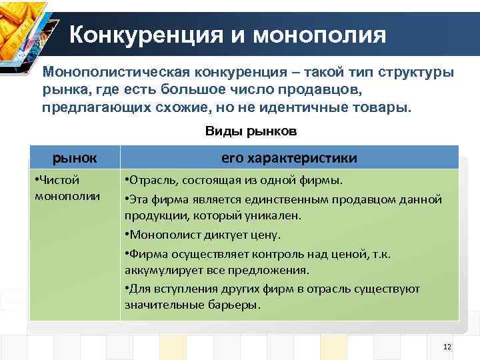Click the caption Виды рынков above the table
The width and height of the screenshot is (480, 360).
pos(251,132)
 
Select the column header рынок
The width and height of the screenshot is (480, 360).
pos(75,158)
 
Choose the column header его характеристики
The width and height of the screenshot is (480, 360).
pos(289,158)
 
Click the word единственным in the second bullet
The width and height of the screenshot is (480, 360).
pos(277,199)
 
